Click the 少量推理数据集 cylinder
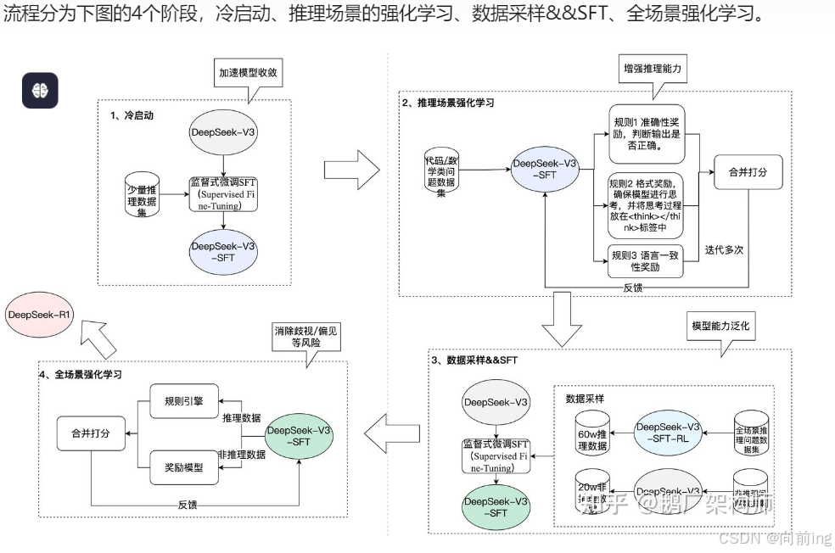[143, 196]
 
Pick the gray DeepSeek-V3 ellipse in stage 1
[222, 132]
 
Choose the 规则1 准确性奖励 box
[646, 134]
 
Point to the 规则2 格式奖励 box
[646, 204]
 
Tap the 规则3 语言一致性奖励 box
[646, 260]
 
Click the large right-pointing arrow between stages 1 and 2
[351, 170]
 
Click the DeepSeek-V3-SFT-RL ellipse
[669, 432]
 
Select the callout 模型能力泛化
[720, 327]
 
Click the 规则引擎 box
[184, 402]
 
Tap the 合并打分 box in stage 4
[90, 432]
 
